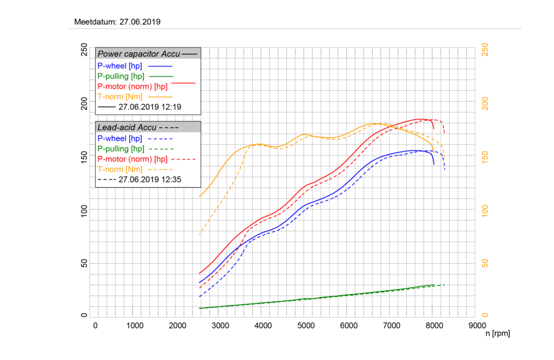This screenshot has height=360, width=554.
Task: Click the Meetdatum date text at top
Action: pyautogui.click(x=117, y=22)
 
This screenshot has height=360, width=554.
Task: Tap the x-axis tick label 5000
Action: pyautogui.click(x=306, y=325)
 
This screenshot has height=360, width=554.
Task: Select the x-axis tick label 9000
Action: pyautogui.click(x=477, y=325)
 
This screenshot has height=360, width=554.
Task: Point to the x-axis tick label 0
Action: pyautogui.click(x=95, y=325)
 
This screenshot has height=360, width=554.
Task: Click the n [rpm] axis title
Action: pyautogui.click(x=497, y=334)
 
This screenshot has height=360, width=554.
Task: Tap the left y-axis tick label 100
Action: pyautogui.click(x=84, y=210)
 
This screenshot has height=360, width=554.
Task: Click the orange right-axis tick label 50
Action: pyautogui.click(x=485, y=263)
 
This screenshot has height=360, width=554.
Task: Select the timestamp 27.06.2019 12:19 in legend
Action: pyautogui.click(x=149, y=107)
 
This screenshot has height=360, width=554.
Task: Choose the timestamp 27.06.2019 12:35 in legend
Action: pyautogui.click(x=149, y=179)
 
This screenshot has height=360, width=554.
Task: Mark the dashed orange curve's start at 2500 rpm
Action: pyautogui.click(x=200, y=235)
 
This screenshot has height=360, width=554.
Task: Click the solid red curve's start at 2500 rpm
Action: pyautogui.click(x=200, y=273)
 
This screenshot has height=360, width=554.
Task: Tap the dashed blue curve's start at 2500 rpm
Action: pyautogui.click(x=200, y=296)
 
